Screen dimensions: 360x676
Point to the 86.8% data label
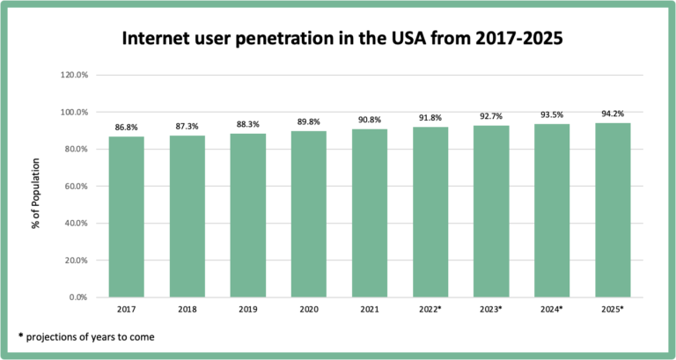126,129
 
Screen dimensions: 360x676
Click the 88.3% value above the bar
247,125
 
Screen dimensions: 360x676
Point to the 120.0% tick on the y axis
74,76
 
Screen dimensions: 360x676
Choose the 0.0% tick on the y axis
77,298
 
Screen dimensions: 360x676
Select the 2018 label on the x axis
187,310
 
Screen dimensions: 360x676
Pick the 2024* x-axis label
552,310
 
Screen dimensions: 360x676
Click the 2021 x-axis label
369,310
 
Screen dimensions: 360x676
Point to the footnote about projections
85,337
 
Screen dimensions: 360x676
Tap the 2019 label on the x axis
247,310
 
